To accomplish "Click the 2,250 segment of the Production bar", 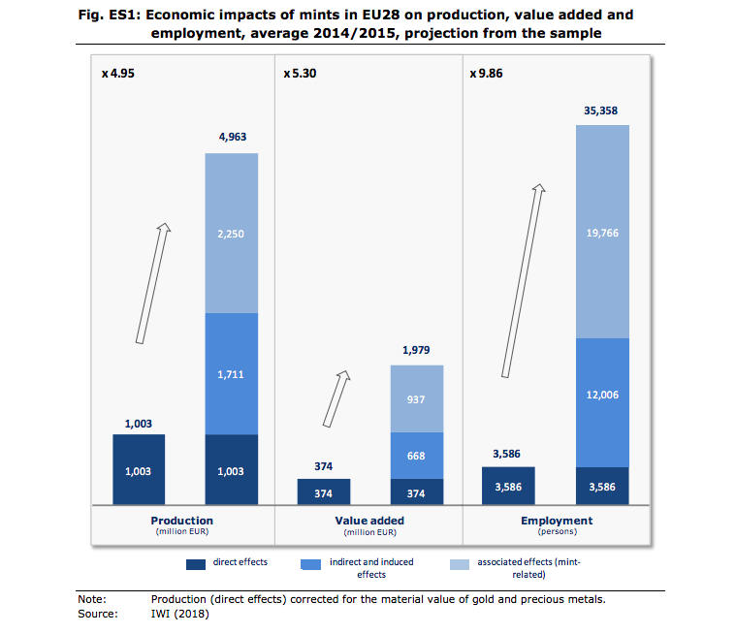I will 232,234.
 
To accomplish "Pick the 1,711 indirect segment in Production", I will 232,373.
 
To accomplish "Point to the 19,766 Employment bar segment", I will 602,232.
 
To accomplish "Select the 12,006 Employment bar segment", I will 602,396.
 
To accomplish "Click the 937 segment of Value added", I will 417,398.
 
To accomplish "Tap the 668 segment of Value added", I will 417,455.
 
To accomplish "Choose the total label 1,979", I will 416,349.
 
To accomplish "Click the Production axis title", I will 182,521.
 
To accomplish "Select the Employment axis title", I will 556,521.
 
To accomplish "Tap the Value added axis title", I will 368,521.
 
